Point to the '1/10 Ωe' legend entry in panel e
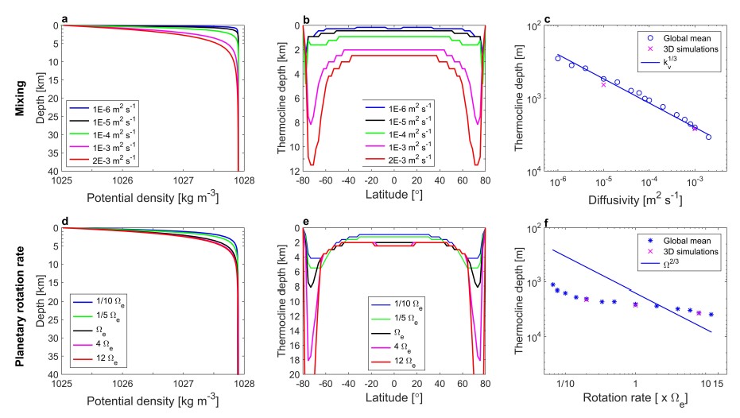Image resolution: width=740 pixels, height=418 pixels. pyautogui.click(x=397, y=305)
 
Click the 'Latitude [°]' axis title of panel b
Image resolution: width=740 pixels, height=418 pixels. pyautogui.click(x=384, y=193)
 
